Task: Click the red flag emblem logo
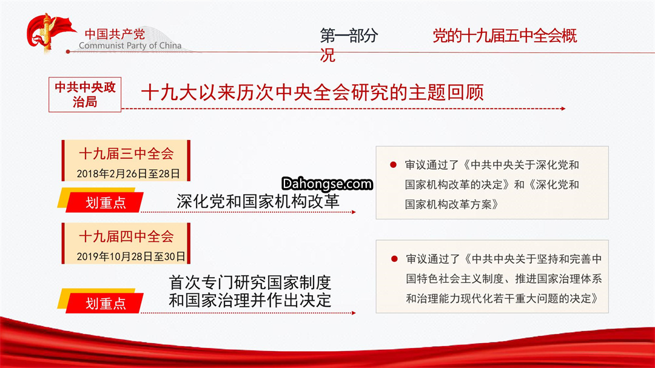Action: (49, 33)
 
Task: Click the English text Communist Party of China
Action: (130, 45)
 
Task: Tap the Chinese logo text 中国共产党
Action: (115, 34)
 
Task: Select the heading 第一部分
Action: (349, 36)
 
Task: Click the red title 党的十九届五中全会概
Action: (505, 36)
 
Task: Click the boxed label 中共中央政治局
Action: (85, 95)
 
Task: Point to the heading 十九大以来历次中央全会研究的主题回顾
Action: (312, 92)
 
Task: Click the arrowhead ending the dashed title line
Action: (563, 109)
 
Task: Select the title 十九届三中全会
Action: (126, 153)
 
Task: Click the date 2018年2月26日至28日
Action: (128, 173)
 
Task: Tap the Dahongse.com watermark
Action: (327, 183)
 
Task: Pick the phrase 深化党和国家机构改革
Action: (258, 201)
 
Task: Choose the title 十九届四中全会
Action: (126, 236)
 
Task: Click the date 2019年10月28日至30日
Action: (131, 256)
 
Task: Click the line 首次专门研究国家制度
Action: (250, 283)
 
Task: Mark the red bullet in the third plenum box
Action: (393, 164)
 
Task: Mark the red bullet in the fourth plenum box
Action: (394, 259)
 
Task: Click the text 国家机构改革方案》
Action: (452, 204)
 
